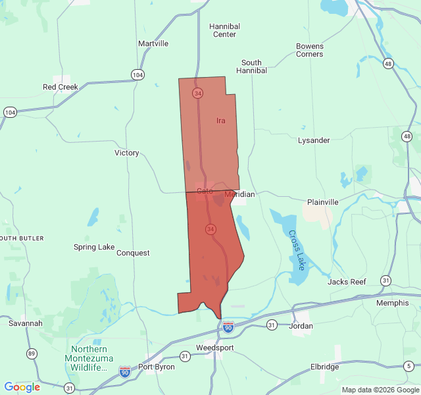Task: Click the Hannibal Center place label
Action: click(224, 30)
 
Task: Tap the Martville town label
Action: click(153, 43)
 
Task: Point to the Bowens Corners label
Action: click(310, 50)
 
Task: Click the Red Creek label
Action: click(61, 87)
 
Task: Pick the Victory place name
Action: click(127, 153)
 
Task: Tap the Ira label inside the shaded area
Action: click(221, 120)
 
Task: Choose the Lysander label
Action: click(314, 140)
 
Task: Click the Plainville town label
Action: click(323, 202)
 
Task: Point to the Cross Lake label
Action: click(297, 250)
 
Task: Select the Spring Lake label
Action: click(94, 248)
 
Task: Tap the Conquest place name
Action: click(133, 253)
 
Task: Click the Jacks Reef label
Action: click(347, 282)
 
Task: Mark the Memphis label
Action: click(392, 303)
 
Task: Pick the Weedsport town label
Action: click(215, 348)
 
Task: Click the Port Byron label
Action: click(157, 367)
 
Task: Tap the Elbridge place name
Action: click(325, 367)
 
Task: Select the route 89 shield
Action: click(32, 354)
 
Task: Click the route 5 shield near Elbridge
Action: click(409, 365)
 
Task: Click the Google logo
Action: click(22, 387)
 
